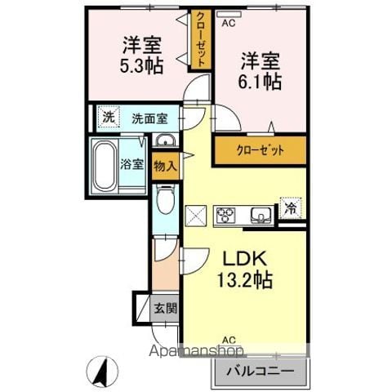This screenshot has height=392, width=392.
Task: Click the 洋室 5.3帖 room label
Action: tap(141, 56)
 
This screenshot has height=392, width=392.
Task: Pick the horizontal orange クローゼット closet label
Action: tap(261, 151)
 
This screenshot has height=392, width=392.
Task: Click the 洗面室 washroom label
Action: tap(149, 118)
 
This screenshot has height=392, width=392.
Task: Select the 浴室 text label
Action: tap(133, 163)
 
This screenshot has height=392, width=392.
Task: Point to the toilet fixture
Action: tap(163, 198)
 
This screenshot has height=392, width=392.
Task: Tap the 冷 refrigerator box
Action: tap(291, 207)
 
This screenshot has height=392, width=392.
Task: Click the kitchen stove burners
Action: tap(224, 216)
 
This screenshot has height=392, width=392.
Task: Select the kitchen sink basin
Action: tap(262, 216)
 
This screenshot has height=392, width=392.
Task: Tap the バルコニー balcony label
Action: tap(261, 372)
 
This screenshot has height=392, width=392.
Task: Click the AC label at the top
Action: tap(229, 23)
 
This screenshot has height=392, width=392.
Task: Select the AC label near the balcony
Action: tap(229, 339)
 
